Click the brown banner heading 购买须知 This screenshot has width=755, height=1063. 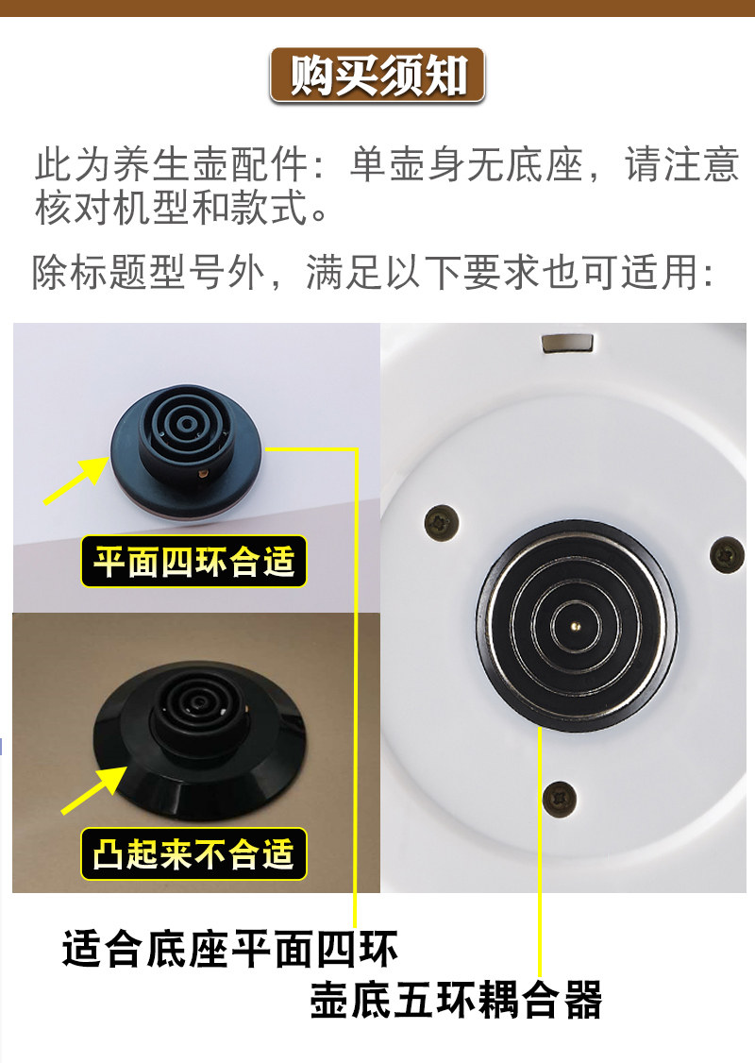(377, 75)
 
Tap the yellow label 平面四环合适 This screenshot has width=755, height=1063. (194, 563)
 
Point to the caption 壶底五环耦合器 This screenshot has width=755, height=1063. (456, 999)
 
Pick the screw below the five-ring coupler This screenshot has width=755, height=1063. (560, 799)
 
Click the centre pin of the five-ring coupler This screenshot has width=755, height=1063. (576, 623)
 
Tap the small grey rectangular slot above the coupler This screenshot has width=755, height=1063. (566, 341)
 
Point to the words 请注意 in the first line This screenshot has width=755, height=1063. (681, 166)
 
